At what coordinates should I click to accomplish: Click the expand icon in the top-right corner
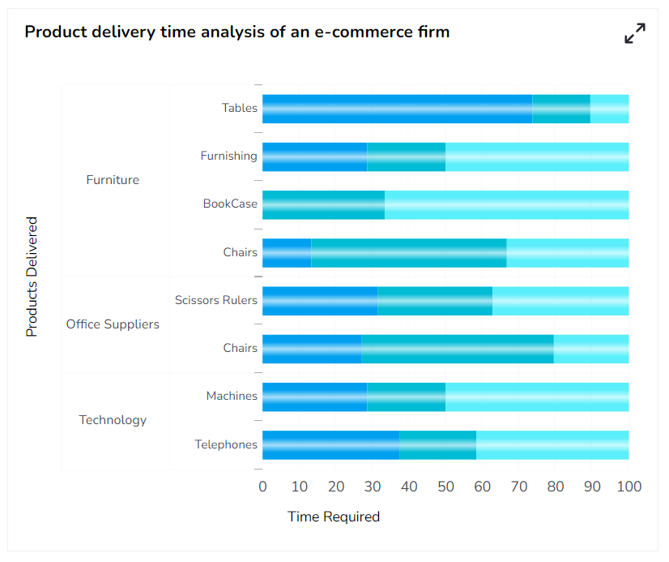click(635, 33)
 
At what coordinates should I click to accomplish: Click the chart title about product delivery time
click(237, 32)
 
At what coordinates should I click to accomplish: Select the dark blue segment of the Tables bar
click(397, 109)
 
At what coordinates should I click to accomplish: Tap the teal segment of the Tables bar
click(561, 109)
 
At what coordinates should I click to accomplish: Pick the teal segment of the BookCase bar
click(323, 204)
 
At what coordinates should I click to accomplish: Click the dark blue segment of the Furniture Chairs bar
click(287, 253)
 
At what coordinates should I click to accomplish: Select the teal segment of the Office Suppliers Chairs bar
click(458, 349)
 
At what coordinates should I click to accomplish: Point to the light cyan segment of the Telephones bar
click(552, 445)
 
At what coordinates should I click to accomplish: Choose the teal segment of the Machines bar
click(406, 397)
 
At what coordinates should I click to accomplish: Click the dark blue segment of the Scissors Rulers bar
click(320, 301)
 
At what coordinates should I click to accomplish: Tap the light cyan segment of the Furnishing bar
click(537, 157)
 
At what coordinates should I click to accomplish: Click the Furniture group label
click(113, 180)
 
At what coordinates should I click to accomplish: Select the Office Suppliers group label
click(113, 324)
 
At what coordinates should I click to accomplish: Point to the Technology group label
click(113, 420)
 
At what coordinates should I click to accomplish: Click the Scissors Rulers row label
click(216, 300)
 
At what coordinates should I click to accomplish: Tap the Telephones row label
click(226, 444)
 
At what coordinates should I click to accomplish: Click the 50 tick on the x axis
click(445, 487)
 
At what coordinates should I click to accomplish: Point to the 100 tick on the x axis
click(629, 487)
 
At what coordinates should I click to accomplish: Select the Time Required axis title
click(334, 517)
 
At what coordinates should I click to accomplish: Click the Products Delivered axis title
click(32, 277)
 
